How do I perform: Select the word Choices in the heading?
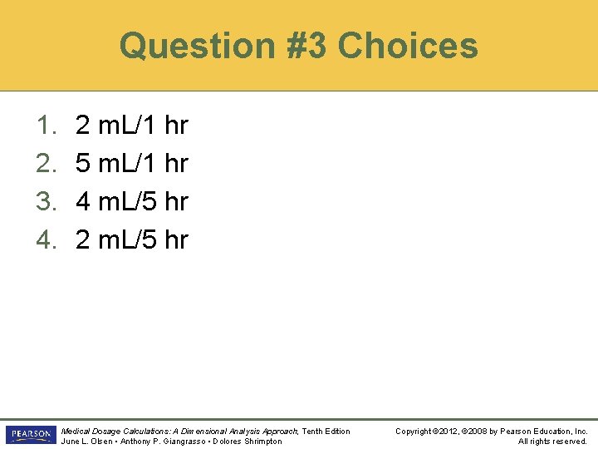[407, 46]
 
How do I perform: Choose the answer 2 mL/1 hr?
[131, 126]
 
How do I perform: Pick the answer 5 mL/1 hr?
[131, 164]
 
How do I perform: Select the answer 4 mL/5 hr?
[131, 201]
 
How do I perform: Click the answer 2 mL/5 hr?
[131, 239]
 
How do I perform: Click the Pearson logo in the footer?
[29, 435]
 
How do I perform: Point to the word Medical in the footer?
[76, 431]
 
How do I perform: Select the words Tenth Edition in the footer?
[326, 431]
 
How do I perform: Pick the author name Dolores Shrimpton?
[248, 441]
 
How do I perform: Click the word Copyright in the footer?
[414, 431]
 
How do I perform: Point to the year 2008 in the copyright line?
[482, 431]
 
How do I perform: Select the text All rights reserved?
[552, 441]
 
